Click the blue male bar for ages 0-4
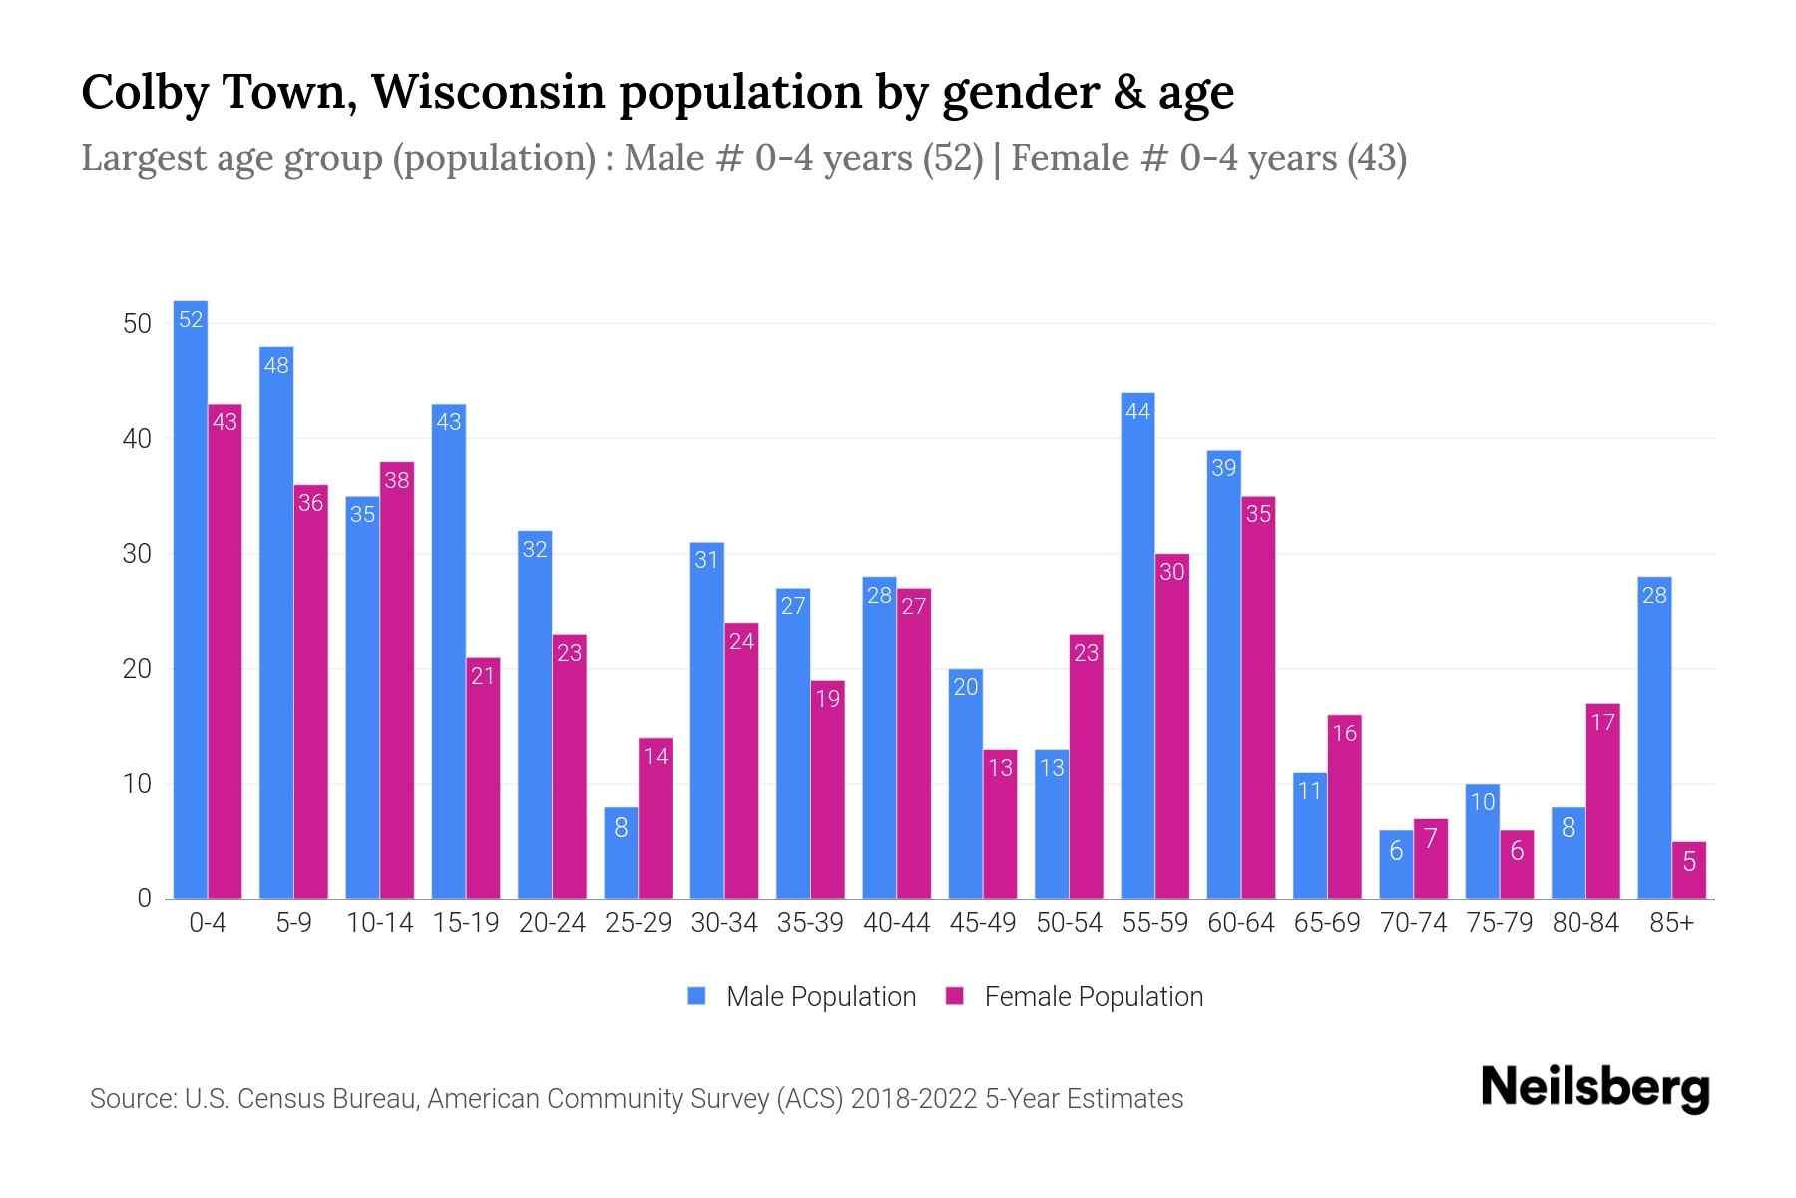pos(190,599)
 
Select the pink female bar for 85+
pos(1688,871)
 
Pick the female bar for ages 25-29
pos(656,819)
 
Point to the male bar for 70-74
pos(1396,865)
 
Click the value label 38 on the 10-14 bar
pos(397,480)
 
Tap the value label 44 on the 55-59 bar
pos(1137,411)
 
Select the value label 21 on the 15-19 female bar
pos(483,676)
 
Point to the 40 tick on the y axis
pos(137,439)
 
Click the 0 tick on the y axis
pos(144,898)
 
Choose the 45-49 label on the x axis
pos(983,923)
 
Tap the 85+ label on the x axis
pos(1671,923)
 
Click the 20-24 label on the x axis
pos(552,923)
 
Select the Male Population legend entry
pos(820,997)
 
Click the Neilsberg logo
pos(1594,1088)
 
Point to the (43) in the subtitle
pos(1376,158)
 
